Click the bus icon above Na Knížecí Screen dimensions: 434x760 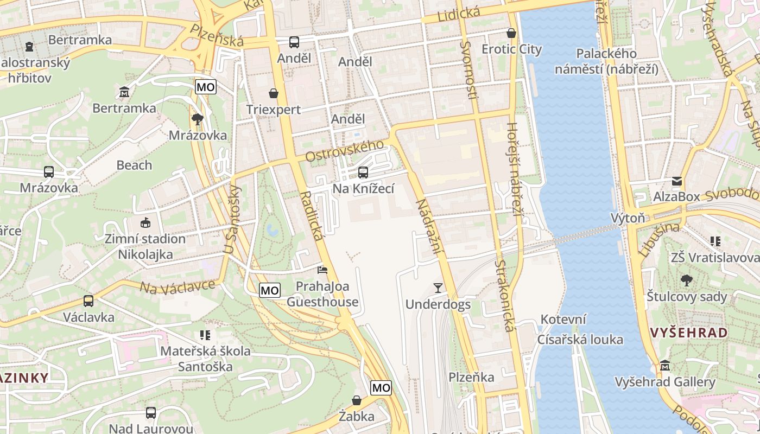[x=363, y=173]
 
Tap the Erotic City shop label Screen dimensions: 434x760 [x=511, y=49]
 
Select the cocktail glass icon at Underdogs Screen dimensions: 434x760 [x=438, y=288]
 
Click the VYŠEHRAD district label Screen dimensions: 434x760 [x=689, y=333]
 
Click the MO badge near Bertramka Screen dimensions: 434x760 [x=206, y=87]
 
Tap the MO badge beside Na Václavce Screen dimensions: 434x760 [x=270, y=290]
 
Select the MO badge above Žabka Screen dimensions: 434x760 [x=381, y=387]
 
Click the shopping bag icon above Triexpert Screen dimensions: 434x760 [x=274, y=93]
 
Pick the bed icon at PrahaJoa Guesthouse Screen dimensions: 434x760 [x=322, y=270]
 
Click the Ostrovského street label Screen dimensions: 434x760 [x=344, y=151]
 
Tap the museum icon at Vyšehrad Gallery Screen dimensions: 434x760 [x=665, y=366]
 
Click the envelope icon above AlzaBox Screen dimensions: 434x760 [x=677, y=181]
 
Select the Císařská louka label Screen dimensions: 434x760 [x=580, y=340]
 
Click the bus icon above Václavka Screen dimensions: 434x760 [x=88, y=301]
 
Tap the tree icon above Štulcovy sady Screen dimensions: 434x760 [x=686, y=280]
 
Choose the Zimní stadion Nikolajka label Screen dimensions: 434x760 [x=145, y=246]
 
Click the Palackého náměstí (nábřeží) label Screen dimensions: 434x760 [x=606, y=61]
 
